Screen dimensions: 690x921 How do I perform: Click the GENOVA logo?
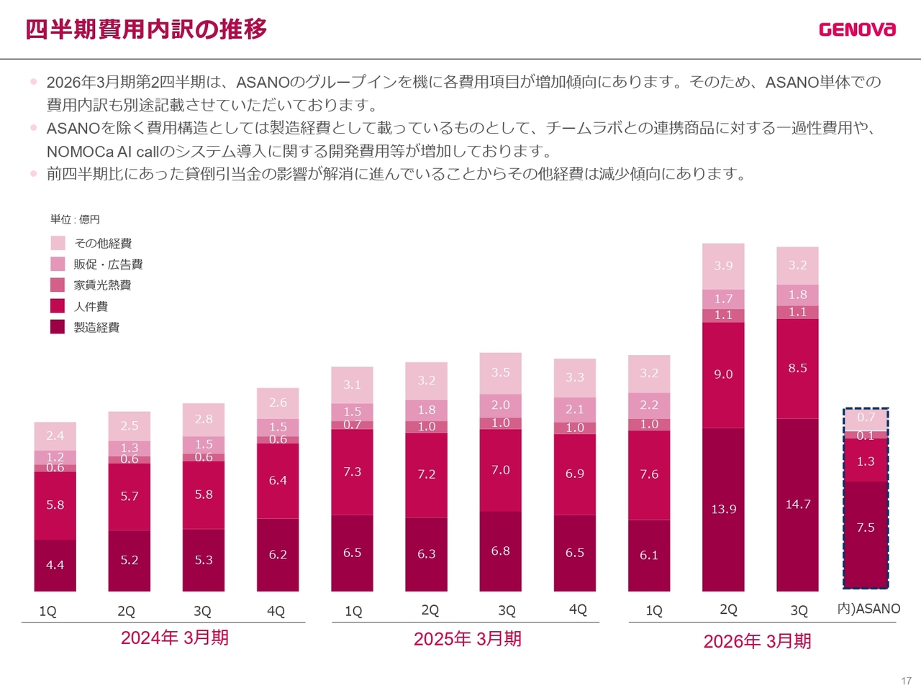coord(857,29)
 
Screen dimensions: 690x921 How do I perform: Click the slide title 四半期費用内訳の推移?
coord(146,29)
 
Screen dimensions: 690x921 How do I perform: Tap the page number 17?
coord(906,681)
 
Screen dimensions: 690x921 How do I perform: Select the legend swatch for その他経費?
coord(58,243)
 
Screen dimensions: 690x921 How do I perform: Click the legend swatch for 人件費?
coord(58,306)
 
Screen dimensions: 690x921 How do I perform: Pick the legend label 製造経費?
coord(96,327)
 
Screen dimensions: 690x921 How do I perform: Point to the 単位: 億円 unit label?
coord(75,219)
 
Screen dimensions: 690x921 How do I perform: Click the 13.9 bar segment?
coord(723,510)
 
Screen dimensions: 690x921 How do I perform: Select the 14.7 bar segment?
coord(797,505)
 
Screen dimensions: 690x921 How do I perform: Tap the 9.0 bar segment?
coord(723,374)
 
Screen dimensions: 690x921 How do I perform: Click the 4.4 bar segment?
coord(55,565)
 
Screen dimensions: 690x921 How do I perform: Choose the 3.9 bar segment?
coord(723,266)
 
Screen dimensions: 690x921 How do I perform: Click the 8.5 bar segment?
coord(797,368)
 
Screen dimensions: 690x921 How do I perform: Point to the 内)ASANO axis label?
coord(868,609)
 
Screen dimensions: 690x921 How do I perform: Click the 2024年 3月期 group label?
coord(175,638)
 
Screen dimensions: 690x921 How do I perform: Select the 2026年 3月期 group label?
coord(757,641)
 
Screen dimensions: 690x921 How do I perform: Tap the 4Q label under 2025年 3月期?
coord(578,609)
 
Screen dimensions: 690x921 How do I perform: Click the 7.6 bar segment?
coord(649,474)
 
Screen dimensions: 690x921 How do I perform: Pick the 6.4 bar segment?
coord(278,480)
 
